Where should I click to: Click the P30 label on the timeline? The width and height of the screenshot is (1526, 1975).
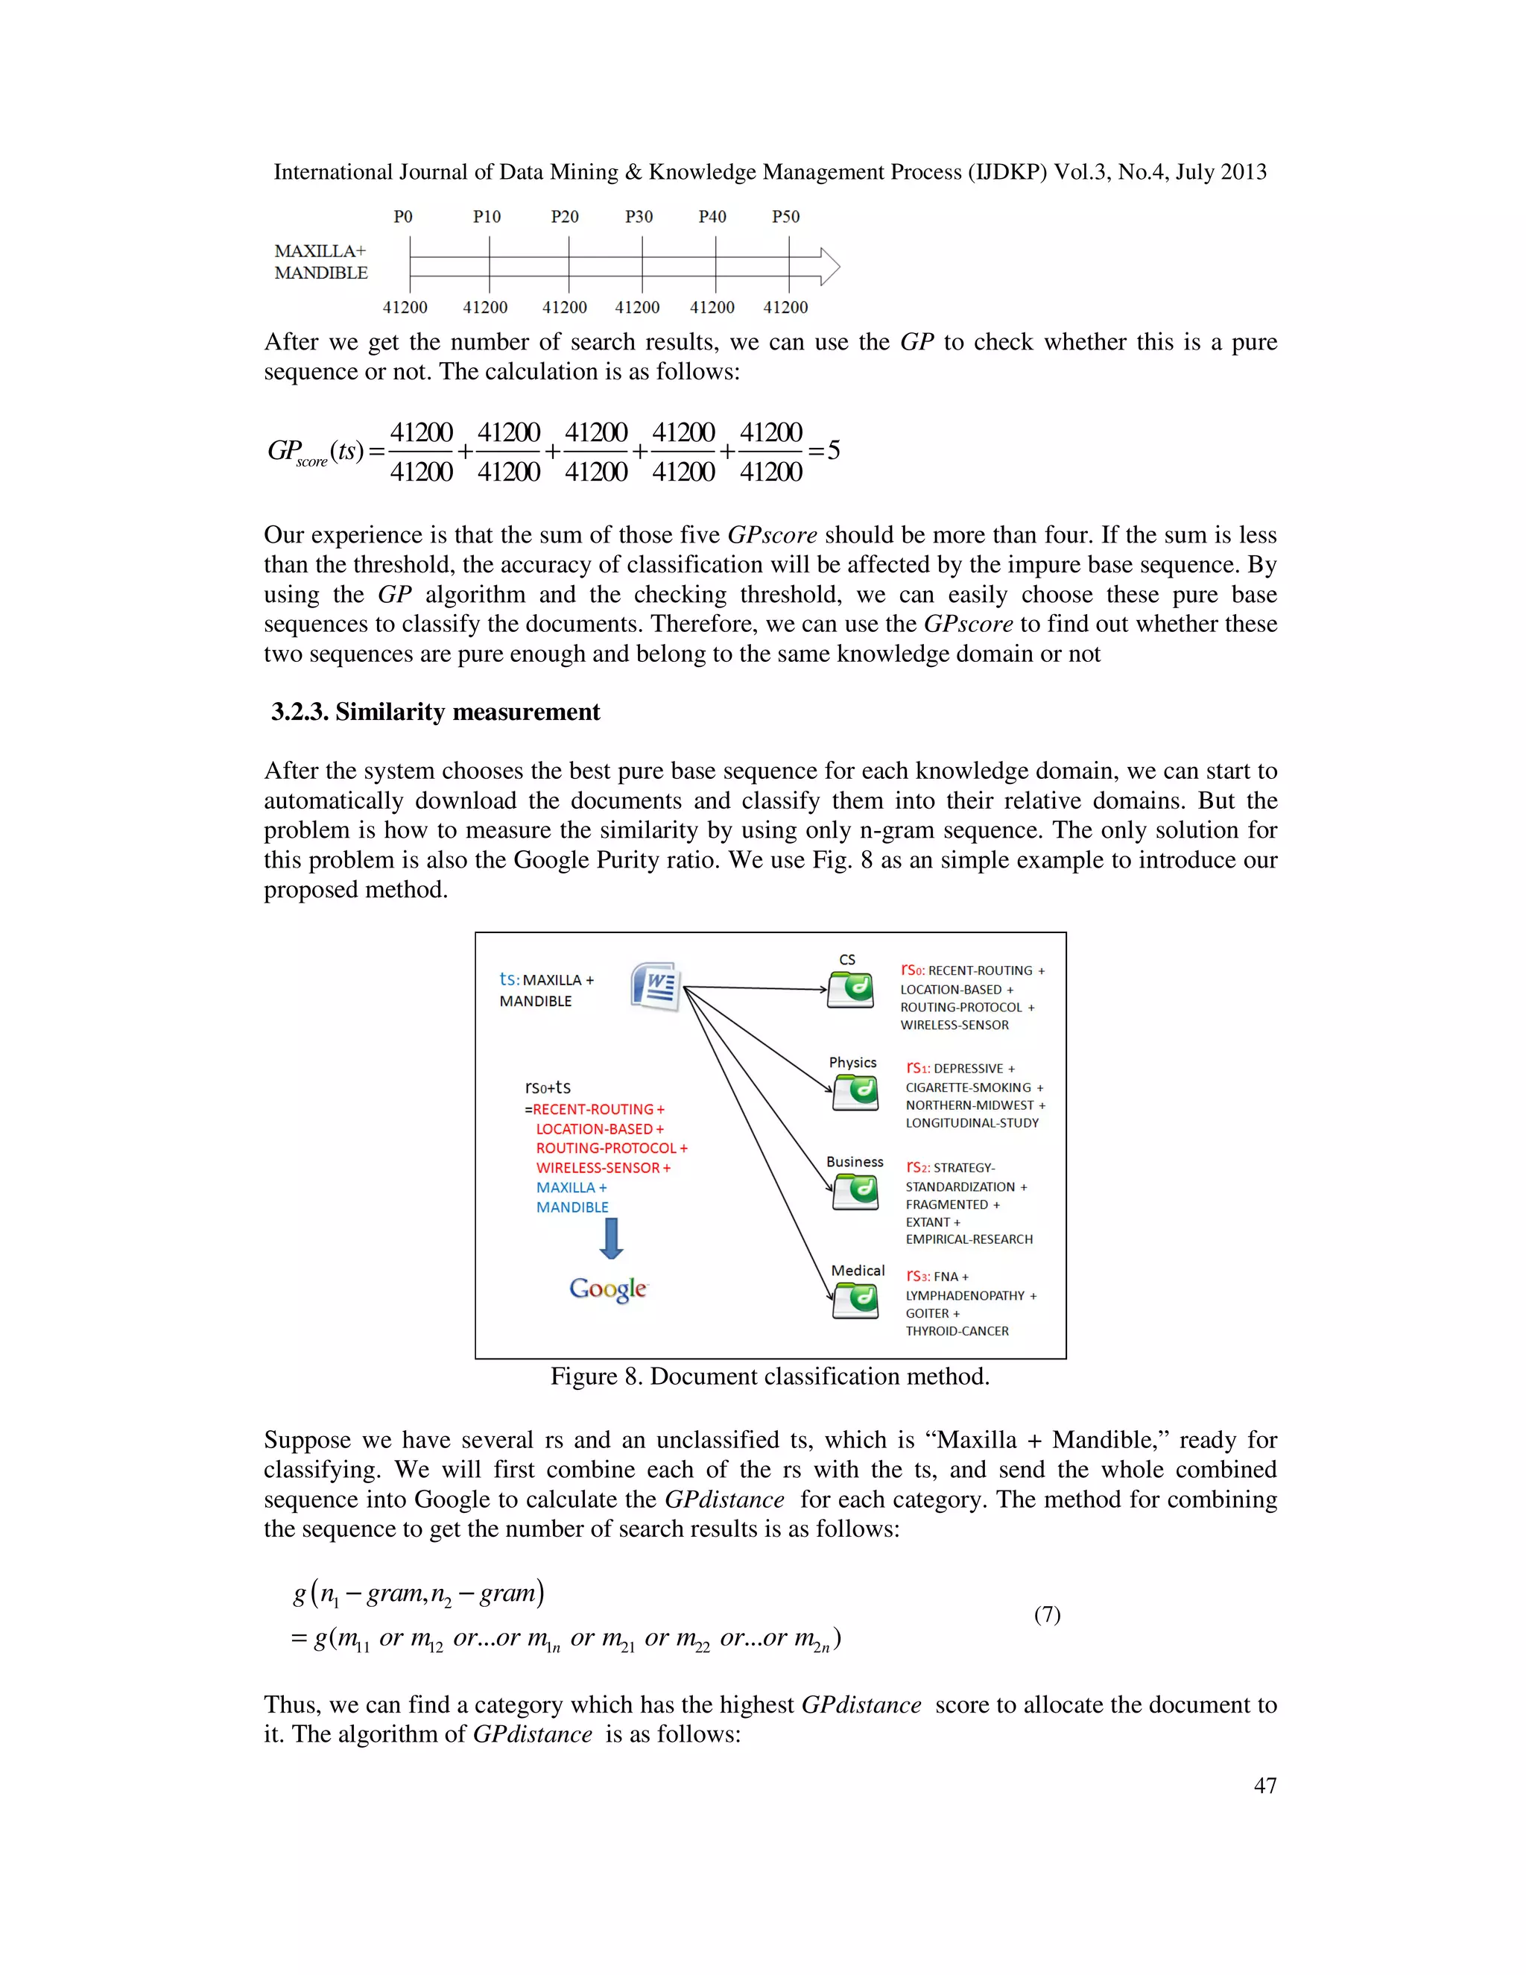point(639,217)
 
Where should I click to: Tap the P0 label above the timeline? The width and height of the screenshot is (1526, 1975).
point(403,217)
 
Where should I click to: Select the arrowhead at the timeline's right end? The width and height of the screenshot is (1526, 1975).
point(830,267)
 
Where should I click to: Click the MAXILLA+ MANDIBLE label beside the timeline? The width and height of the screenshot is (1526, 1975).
point(321,262)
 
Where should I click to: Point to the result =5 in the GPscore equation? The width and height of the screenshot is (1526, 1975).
point(826,450)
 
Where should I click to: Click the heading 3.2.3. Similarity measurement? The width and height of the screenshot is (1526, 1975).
point(435,712)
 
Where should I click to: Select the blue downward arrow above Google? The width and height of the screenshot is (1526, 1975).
point(611,1238)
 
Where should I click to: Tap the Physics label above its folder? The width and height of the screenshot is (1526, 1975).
point(852,1063)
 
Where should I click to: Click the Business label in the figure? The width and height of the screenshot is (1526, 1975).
point(855,1162)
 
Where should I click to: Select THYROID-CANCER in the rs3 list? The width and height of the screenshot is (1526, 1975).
point(957,1331)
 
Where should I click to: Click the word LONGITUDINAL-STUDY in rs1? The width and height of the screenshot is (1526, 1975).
point(972,1123)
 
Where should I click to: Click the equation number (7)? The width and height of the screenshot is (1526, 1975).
point(1047,1615)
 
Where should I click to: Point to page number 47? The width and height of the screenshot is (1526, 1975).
point(1264,1786)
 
